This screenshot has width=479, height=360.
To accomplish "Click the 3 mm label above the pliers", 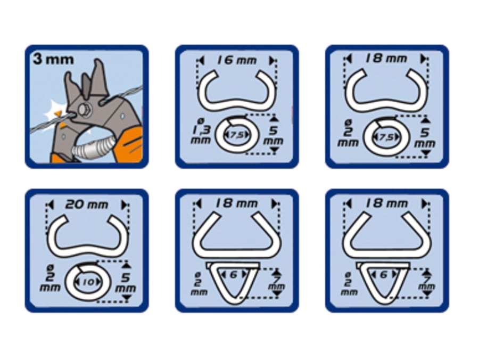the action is coord(53,59).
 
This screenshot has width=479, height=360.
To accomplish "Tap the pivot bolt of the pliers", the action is coord(83,109).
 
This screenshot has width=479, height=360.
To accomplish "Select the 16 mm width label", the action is coord(237,60).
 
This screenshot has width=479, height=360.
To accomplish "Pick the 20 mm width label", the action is coord(87,204).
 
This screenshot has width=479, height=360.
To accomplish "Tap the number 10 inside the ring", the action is coord(88,282).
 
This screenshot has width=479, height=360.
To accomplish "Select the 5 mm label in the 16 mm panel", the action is coord(273,136).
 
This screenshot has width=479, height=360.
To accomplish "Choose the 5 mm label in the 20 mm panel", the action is coord(125,282).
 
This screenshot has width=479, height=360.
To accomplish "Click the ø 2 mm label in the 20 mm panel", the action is coord(50,279).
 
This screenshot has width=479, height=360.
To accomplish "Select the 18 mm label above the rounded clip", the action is coord(386,59).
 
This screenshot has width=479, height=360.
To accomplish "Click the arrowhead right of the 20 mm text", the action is coord(124,204).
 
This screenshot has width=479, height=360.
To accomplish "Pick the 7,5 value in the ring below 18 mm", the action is coord(386,137).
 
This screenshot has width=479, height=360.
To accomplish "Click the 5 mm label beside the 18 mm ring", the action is coord(425,137).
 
